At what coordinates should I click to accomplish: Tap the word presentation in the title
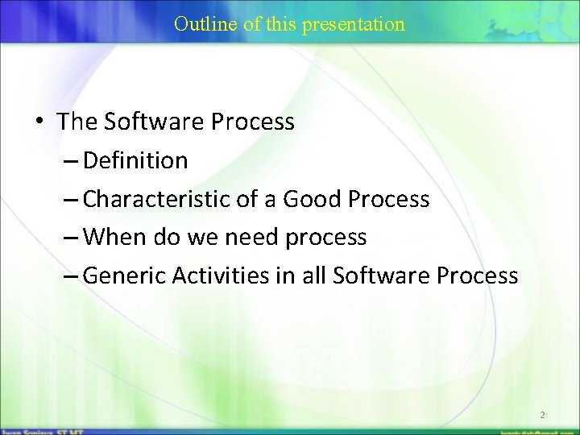tap(354, 24)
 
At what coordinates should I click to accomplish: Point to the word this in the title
tap(281, 24)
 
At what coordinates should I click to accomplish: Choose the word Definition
tap(135, 160)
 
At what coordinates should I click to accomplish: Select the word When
tap(111, 238)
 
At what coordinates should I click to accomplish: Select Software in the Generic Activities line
tap(381, 275)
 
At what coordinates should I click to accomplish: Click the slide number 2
tap(542, 415)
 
